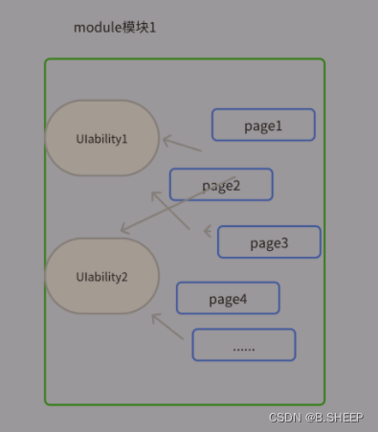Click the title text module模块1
click(x=115, y=27)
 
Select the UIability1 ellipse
click(x=102, y=138)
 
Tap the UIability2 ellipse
click(x=102, y=277)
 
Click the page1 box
click(x=263, y=125)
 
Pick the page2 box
click(x=221, y=185)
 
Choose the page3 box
click(x=269, y=242)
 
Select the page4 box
click(x=228, y=299)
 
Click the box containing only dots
click(x=244, y=346)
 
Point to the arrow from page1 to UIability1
click(x=181, y=144)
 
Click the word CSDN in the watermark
click(x=284, y=419)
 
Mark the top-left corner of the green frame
click(x=46, y=60)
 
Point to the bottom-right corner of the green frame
click(x=323, y=402)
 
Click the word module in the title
click(x=97, y=27)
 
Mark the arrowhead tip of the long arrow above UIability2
click(x=121, y=232)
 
